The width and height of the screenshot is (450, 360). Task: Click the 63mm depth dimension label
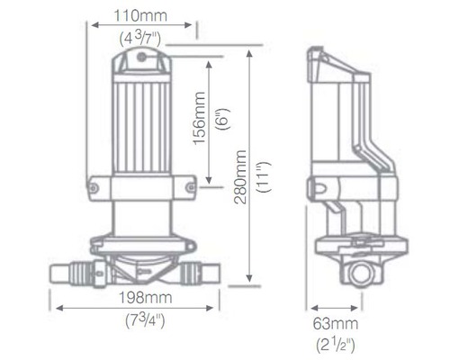[337, 323]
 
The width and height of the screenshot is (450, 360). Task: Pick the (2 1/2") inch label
[337, 343]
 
